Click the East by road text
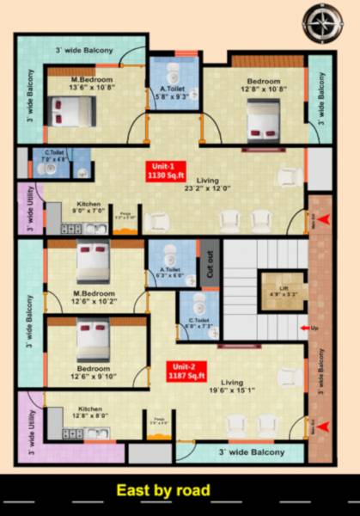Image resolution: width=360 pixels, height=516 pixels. pyautogui.click(x=163, y=491)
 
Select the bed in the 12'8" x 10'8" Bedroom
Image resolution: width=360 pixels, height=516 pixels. pyautogui.click(x=261, y=120)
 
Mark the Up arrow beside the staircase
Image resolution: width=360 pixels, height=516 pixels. pyautogui.click(x=308, y=328)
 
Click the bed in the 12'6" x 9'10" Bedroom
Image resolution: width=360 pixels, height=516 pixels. pyautogui.click(x=93, y=341)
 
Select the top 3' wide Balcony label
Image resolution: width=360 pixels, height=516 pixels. pyautogui.click(x=83, y=51)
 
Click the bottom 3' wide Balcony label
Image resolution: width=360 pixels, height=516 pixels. pyautogui.click(x=252, y=451)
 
